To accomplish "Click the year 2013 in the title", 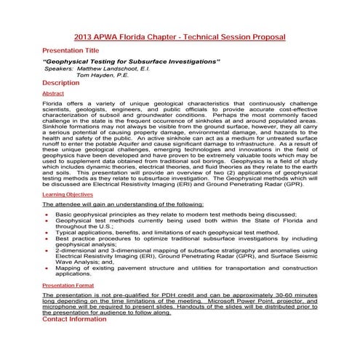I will (x=84, y=37).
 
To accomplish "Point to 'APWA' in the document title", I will (x=111, y=37).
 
